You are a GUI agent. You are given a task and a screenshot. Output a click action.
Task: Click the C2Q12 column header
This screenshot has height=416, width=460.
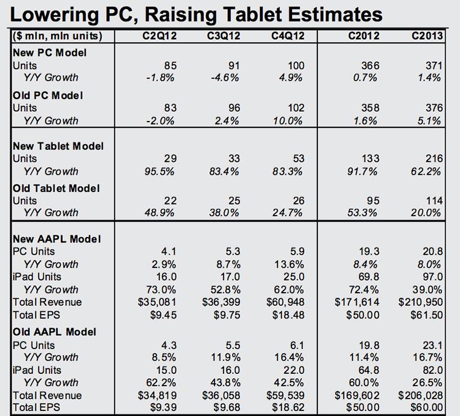(159, 36)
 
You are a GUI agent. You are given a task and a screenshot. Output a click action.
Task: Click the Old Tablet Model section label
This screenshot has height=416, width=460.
(56, 188)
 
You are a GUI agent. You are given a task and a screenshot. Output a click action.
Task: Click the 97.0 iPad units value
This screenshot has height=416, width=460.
(432, 277)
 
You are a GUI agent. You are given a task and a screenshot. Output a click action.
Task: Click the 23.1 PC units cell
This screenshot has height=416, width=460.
(432, 345)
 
